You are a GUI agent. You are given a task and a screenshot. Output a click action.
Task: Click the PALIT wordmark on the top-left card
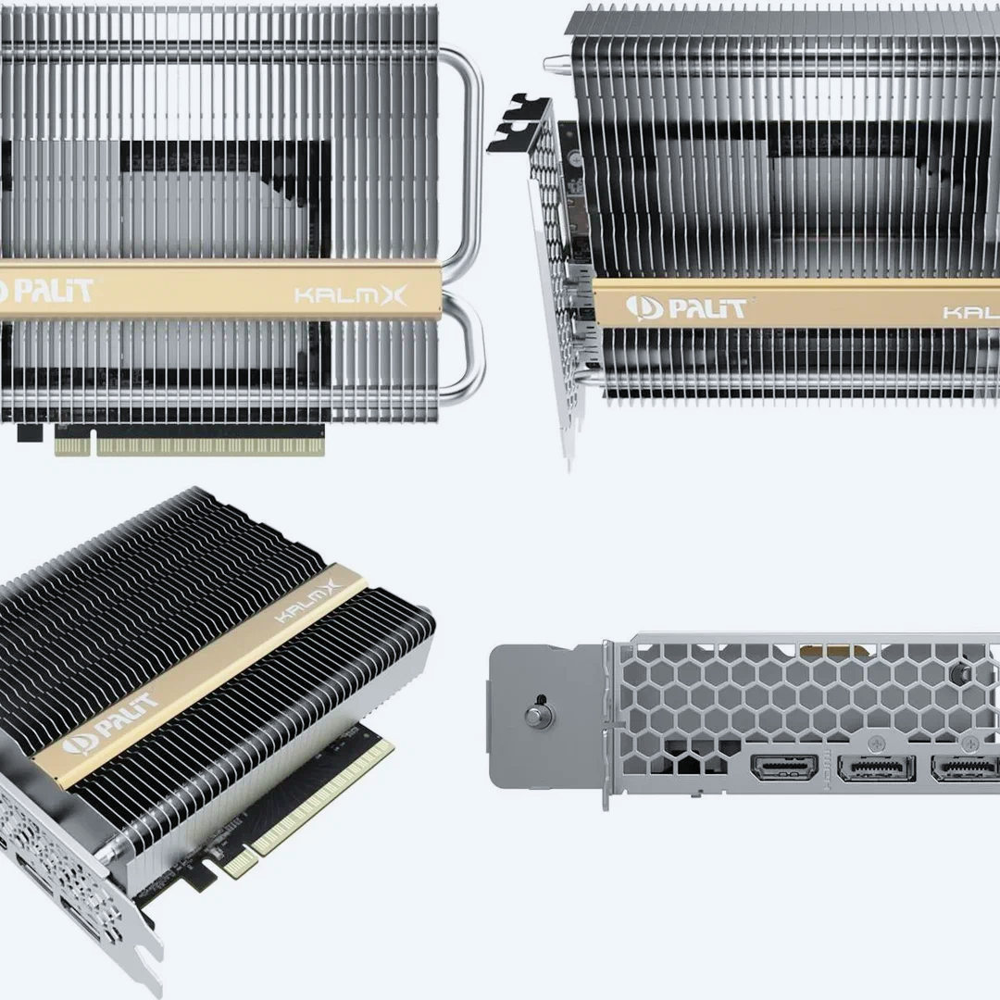coord(46,292)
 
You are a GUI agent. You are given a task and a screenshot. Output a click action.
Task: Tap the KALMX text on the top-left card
coord(350,295)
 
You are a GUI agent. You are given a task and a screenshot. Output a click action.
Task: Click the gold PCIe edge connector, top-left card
coord(190,441)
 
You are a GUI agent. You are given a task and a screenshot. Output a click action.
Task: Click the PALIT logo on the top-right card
coord(685,308)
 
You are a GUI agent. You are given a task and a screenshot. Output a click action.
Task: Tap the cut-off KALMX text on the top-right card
coord(970,313)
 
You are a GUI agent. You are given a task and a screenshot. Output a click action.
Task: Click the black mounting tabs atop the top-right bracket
coord(518,122)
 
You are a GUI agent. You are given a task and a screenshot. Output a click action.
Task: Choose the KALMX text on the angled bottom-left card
coord(307,601)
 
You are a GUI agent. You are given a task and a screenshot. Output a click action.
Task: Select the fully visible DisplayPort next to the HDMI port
coord(876,768)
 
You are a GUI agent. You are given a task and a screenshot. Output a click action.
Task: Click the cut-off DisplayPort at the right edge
coord(965,768)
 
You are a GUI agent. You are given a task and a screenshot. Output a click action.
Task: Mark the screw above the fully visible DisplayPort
coord(877,743)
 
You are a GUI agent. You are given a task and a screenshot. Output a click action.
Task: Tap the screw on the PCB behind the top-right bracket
coord(575,157)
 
